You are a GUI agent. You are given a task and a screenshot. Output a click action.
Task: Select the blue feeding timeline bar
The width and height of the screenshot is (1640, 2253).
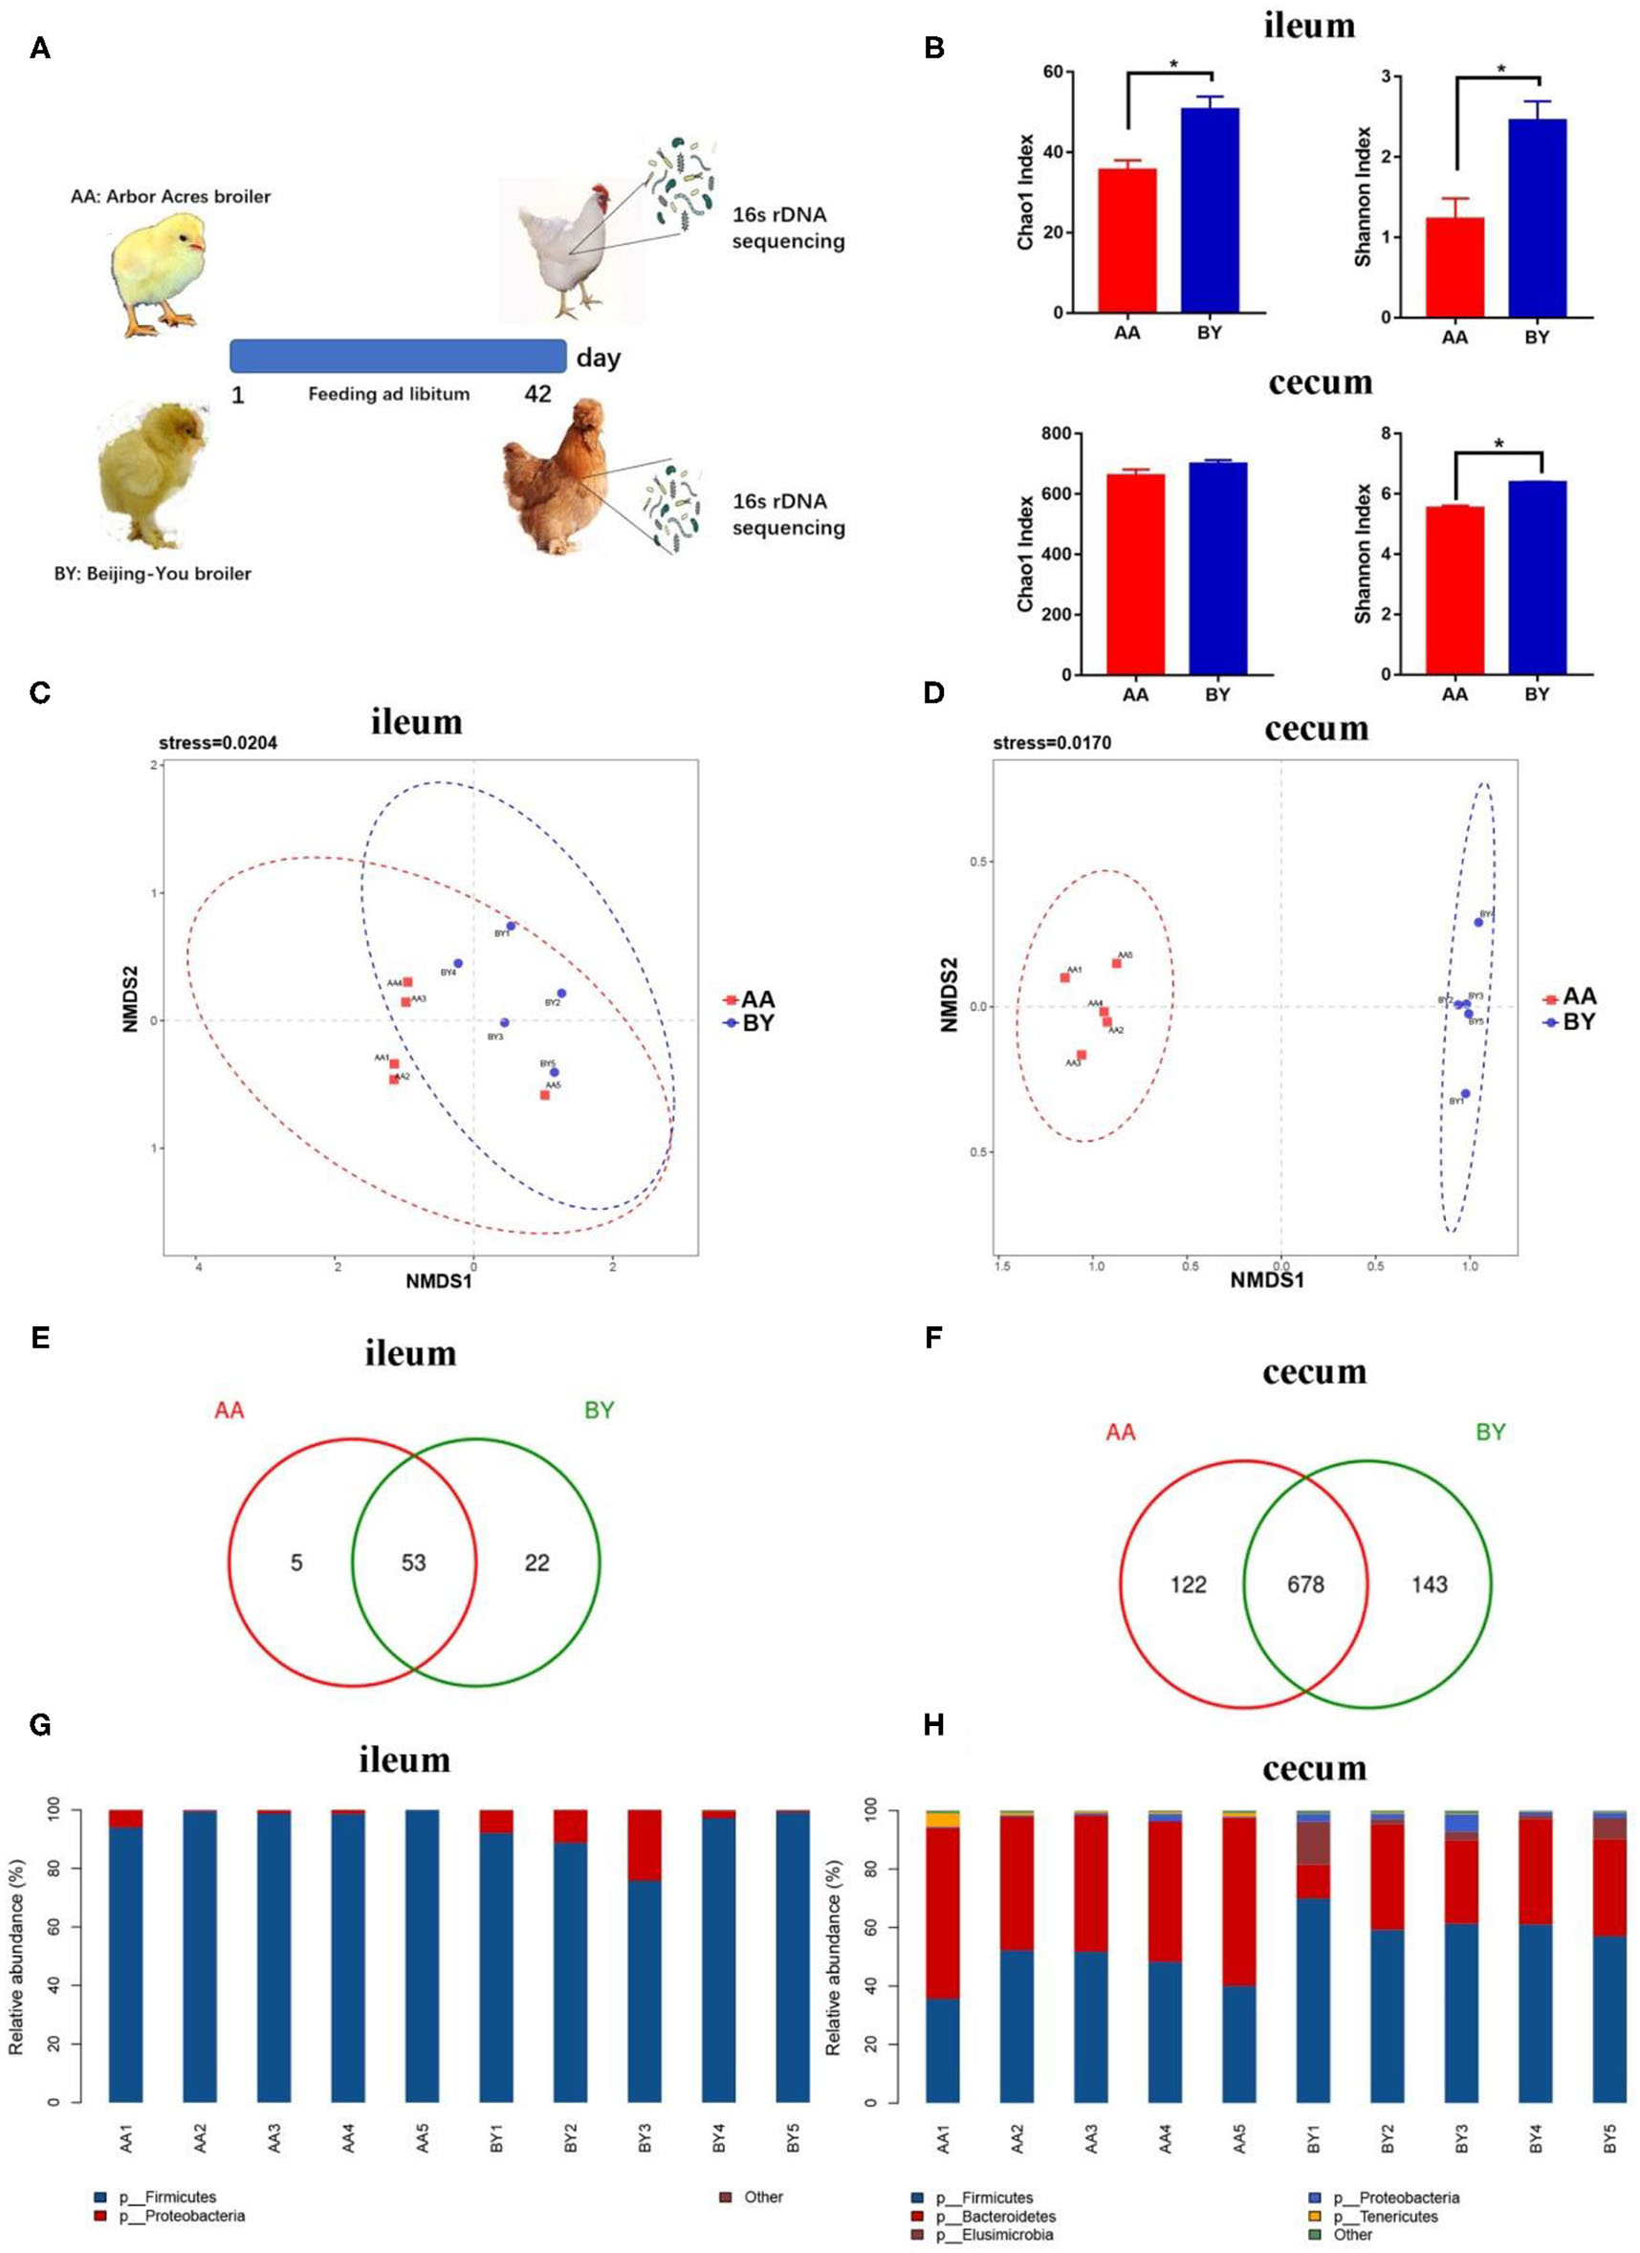(398, 356)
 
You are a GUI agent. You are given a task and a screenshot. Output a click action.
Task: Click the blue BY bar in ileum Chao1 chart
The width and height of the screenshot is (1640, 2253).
(1209, 209)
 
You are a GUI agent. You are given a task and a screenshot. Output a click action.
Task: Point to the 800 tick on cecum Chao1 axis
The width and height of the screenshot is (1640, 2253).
(1055, 434)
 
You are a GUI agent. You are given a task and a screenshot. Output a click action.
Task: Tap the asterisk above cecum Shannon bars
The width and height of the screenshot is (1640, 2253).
(1498, 444)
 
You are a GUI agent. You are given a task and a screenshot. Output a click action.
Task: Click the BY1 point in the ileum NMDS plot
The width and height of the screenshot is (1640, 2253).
(511, 926)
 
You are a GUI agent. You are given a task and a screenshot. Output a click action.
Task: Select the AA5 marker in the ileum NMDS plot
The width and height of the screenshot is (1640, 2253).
(544, 1095)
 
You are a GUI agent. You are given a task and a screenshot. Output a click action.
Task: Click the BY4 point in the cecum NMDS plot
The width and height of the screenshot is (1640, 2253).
(1478, 922)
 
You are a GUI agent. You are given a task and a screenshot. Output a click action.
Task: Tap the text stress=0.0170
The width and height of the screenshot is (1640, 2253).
(1051, 743)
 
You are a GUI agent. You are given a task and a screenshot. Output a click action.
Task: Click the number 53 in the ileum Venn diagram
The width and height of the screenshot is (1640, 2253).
(413, 1563)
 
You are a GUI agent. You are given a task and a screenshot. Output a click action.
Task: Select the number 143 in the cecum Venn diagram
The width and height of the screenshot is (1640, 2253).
(1429, 1585)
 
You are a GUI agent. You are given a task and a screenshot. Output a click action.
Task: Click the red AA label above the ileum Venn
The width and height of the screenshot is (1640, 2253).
(229, 1411)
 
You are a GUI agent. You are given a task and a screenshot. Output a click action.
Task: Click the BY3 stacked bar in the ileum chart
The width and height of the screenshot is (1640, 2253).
(645, 1955)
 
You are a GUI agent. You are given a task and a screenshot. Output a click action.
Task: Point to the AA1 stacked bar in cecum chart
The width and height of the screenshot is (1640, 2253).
(942, 1957)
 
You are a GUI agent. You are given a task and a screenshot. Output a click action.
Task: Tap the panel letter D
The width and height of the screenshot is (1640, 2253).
(932, 692)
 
